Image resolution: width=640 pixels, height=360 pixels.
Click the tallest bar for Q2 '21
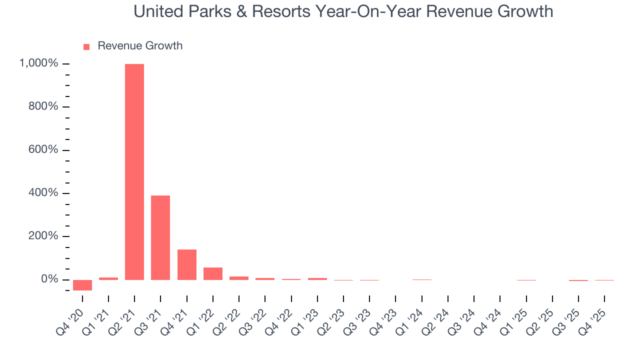[x=134, y=171]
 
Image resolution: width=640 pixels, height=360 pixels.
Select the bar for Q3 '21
[x=160, y=237]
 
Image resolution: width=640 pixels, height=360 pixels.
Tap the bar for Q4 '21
[x=187, y=264]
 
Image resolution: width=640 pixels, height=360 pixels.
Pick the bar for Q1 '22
[x=213, y=273]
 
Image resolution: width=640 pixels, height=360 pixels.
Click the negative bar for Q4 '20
[x=82, y=285]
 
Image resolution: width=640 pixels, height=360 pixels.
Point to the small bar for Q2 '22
[x=239, y=278]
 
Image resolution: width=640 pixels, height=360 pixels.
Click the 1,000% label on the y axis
[x=38, y=63]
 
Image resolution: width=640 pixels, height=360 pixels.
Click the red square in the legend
[x=86, y=46]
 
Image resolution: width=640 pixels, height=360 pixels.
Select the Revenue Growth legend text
[x=140, y=46]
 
